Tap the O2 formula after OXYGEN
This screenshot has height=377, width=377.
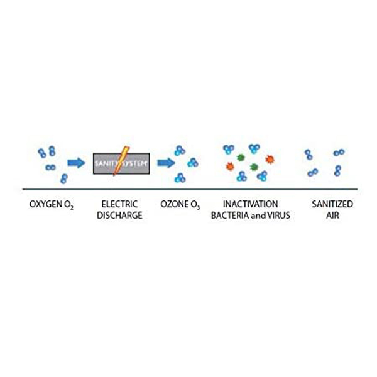[x=68, y=205]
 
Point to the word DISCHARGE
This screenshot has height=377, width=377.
[x=119, y=216]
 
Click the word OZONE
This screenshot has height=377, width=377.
[x=173, y=204]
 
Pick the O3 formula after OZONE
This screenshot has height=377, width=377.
[x=194, y=205]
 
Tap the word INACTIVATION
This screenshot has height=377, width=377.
[x=250, y=204]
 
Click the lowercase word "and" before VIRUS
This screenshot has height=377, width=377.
[x=262, y=216]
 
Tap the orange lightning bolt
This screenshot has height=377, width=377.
[x=119, y=162]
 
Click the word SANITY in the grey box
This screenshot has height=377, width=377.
[x=106, y=163]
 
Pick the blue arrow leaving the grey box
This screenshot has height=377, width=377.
[x=165, y=163]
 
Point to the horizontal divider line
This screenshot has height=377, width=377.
[x=188, y=189]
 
